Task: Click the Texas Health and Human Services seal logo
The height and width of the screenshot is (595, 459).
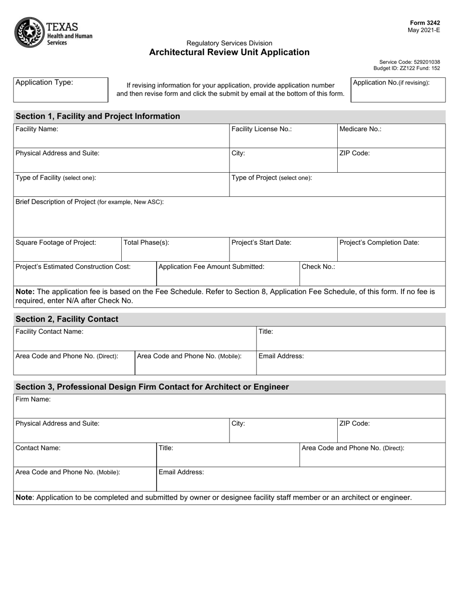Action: pos(29,32)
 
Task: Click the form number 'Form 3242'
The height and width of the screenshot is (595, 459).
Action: pos(425,23)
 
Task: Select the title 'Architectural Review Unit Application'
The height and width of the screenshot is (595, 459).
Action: pos(229,52)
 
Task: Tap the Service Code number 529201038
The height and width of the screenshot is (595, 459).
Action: pos(423,62)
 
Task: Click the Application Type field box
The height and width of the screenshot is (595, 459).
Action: pos(60,90)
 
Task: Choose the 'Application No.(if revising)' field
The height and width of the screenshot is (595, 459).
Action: pos(398,90)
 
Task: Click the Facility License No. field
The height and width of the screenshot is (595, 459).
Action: pos(283,137)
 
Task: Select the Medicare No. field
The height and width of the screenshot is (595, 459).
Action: pos(391,137)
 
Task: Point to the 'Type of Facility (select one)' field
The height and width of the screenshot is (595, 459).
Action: pos(121,185)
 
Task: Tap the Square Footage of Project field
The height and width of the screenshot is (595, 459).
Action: pos(67,251)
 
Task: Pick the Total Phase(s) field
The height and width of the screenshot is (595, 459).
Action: pos(174,251)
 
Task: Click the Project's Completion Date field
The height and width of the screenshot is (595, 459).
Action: pos(391,251)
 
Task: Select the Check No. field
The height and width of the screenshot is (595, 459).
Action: pos(372,275)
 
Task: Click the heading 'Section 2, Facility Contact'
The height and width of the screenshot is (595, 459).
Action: pos(67,319)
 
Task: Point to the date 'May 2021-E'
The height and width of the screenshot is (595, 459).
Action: pos(424,30)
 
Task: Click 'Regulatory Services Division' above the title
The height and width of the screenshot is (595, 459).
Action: pos(229,43)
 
